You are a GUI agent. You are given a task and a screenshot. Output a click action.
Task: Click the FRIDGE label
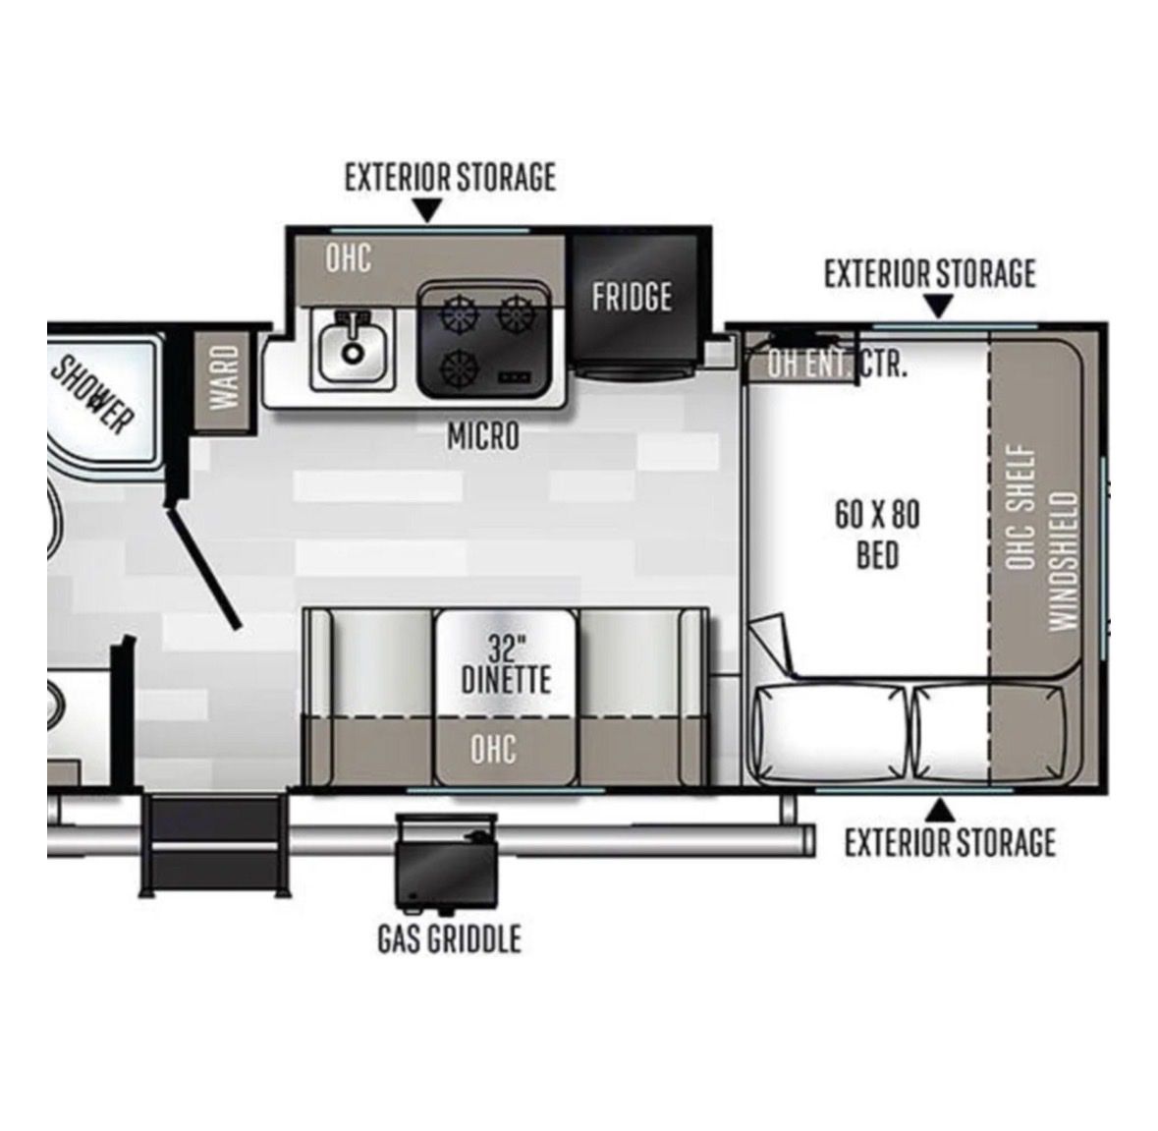[632, 297]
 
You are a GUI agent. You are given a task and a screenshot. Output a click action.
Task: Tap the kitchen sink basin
[353, 349]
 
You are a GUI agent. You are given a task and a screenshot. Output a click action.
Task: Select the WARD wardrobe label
[225, 377]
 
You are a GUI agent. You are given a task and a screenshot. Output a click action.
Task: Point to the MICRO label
[483, 436]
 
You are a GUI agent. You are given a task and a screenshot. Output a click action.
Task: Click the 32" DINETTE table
[505, 663]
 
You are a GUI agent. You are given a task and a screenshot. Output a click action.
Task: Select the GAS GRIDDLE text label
[449, 938]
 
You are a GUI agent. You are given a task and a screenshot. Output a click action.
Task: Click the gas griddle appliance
[446, 863]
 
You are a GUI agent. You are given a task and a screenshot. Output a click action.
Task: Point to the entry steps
[213, 845]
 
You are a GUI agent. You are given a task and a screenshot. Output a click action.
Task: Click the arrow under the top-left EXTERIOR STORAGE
[428, 210]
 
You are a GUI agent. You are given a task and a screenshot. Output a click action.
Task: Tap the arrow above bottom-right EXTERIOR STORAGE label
[940, 811]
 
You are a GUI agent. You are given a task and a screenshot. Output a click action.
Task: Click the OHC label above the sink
[349, 257]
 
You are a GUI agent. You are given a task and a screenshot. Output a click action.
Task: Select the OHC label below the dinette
[493, 749]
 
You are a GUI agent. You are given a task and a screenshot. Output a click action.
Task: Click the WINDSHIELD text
[1064, 561]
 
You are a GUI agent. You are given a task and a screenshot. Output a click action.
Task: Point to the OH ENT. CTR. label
[836, 364]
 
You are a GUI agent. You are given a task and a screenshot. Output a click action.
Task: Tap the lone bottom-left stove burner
[460, 367]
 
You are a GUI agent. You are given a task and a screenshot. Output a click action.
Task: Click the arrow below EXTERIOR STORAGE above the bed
[939, 306]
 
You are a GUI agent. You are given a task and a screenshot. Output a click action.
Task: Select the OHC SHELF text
[1020, 507]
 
